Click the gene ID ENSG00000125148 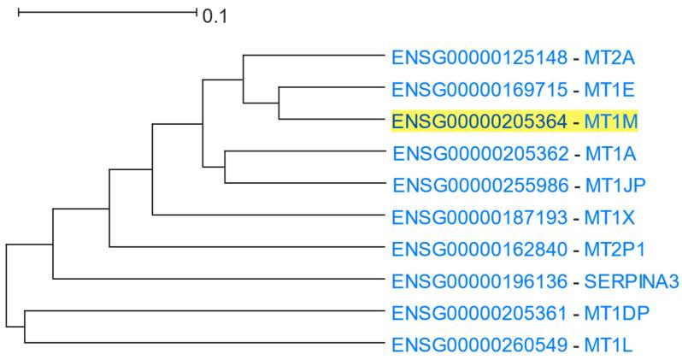(479, 58)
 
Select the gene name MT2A (611, 58)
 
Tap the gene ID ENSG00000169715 (479, 90)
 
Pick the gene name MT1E (610, 90)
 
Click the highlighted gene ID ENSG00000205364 (479, 121)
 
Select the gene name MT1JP (615, 185)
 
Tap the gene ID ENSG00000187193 (479, 216)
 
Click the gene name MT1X (610, 216)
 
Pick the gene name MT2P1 (614, 249)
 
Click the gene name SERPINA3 (632, 280)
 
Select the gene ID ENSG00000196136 (479, 280)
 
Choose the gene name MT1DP (615, 312)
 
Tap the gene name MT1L (609, 345)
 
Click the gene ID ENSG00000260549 (479, 345)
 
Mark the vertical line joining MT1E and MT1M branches (279, 103)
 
